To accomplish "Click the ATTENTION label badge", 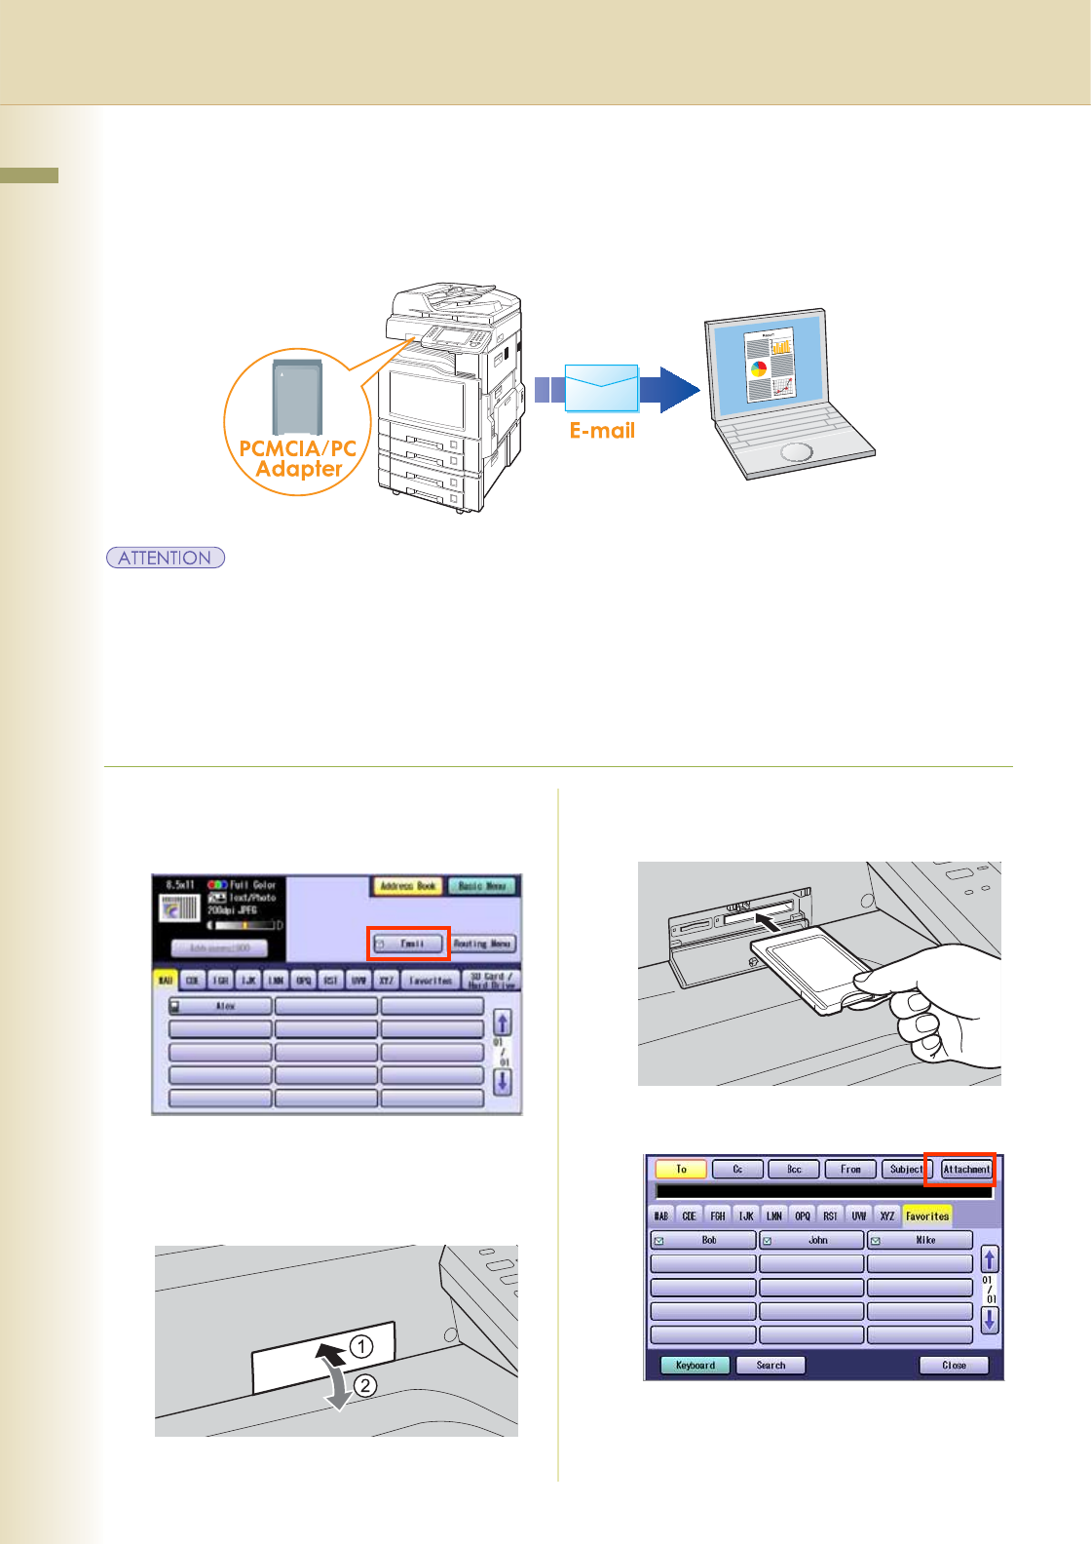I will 166,558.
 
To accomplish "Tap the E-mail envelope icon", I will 601,388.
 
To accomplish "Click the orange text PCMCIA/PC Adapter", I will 298,458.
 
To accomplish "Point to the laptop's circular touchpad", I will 795,452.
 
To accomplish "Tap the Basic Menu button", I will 483,886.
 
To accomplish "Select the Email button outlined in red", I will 409,944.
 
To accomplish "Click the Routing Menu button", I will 483,944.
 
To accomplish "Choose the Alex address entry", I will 221,1005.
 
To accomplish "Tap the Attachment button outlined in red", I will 965,1169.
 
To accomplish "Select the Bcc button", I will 794,1169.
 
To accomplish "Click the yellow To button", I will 681,1169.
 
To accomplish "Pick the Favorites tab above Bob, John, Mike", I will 926,1216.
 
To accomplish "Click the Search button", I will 771,1365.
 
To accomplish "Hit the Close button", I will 954,1365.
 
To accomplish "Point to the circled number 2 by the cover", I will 365,1385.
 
